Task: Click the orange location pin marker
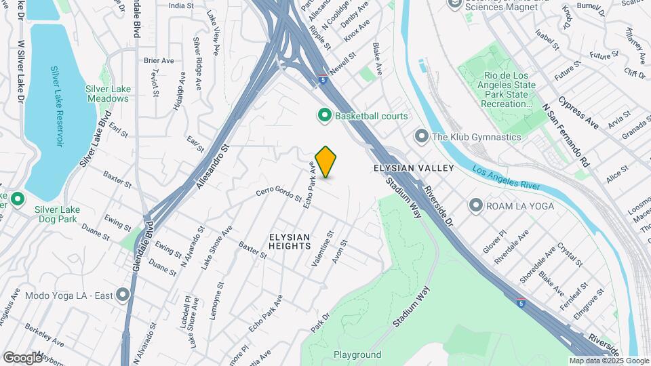(325, 162)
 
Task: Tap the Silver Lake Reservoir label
(59, 106)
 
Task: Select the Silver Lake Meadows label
(107, 94)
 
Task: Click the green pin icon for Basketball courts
(324, 116)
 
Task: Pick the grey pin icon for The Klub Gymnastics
(421, 137)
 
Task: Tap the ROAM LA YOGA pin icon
(476, 205)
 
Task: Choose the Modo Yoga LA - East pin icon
(123, 295)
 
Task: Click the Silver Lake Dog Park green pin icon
(18, 199)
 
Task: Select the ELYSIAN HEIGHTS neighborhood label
(290, 243)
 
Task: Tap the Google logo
(22, 357)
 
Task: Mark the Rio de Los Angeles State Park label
(500, 89)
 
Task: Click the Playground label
(357, 354)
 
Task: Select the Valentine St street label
(322, 248)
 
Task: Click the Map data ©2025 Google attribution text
(608, 361)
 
